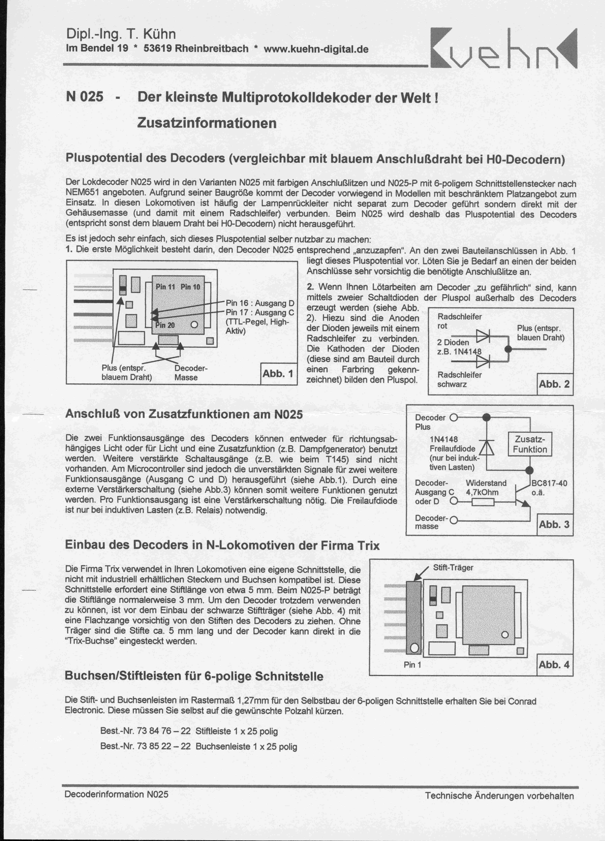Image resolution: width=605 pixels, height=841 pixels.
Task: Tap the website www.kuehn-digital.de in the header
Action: (x=316, y=49)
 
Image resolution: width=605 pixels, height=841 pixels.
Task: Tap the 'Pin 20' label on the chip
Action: (x=165, y=325)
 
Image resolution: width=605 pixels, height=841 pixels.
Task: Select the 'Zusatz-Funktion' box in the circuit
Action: (x=530, y=444)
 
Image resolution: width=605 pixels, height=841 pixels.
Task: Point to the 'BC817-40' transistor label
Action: (x=549, y=483)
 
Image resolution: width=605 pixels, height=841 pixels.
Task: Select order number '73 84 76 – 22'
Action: (x=163, y=731)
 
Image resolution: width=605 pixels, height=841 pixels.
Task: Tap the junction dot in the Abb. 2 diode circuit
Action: (x=508, y=349)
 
